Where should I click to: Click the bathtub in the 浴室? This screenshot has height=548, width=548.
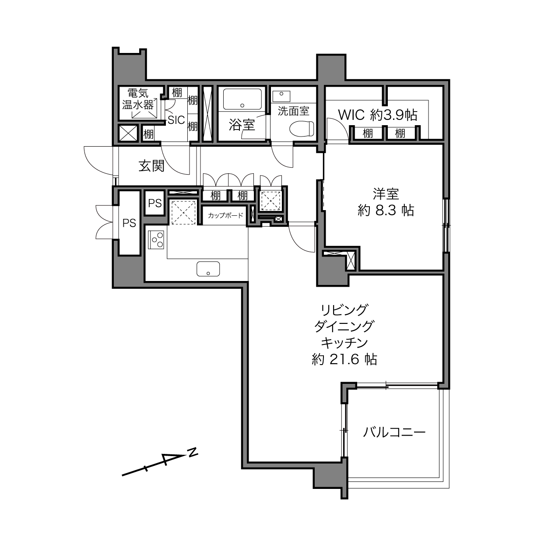pos(242,99)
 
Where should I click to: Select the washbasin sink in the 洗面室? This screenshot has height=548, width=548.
pos(281,96)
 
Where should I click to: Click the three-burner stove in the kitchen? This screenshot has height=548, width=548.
pos(156,240)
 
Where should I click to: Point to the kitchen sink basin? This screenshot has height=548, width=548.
pos(208,269)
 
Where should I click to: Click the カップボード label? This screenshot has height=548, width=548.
pos(225,215)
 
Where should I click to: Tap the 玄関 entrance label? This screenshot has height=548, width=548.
pos(151,166)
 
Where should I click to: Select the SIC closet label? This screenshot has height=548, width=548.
pos(176,120)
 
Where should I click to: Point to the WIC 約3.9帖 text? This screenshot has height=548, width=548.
pos(378,115)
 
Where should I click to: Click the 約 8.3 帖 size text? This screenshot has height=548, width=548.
pos(386,211)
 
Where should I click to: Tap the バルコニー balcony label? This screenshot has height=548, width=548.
pos(394,432)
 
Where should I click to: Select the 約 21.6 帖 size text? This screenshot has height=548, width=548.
pos(344,359)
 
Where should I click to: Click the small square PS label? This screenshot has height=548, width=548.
pos(155,204)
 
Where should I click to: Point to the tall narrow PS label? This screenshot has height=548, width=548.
pos(130,223)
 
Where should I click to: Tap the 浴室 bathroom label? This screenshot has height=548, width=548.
pos(242,125)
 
